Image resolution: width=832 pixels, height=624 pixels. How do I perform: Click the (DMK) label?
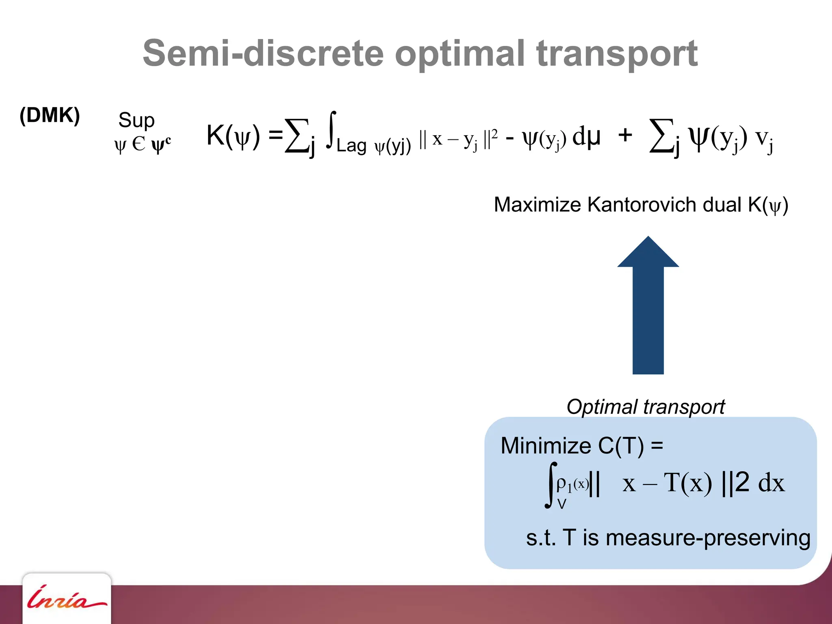pyautogui.click(x=50, y=115)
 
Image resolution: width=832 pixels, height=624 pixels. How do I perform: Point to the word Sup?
pyautogui.click(x=136, y=120)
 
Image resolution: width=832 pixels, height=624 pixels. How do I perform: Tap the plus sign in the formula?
pyautogui.click(x=625, y=135)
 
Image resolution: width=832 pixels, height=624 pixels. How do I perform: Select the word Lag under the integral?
pyautogui.click(x=351, y=145)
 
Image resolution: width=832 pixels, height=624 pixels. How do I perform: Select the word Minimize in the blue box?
pyautogui.click(x=546, y=446)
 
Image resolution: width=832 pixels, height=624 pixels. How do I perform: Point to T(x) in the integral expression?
pyautogui.click(x=688, y=483)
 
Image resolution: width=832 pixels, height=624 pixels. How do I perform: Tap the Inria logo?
pyautogui.click(x=67, y=599)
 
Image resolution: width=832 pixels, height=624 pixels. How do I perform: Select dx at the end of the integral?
pyautogui.click(x=771, y=483)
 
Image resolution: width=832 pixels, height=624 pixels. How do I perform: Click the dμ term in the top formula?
pyautogui.click(x=586, y=136)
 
